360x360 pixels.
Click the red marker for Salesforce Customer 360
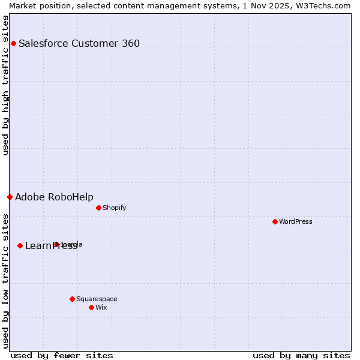click(x=13, y=43)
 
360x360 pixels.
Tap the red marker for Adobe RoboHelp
click(x=10, y=197)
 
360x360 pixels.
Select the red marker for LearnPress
click(x=20, y=245)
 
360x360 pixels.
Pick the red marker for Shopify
click(x=98, y=208)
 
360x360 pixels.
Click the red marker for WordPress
click(x=275, y=221)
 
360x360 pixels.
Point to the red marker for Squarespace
click(x=72, y=299)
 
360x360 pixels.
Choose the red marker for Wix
click(x=91, y=307)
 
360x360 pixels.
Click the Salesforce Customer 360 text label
click(x=79, y=43)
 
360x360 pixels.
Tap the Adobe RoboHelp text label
click(x=54, y=197)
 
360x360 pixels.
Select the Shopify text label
click(x=114, y=208)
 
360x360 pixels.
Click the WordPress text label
click(x=296, y=221)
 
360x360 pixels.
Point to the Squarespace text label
click(x=97, y=299)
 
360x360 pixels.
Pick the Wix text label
click(x=101, y=307)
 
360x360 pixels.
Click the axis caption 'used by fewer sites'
click(x=62, y=355)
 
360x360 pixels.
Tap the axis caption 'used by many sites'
click(x=301, y=355)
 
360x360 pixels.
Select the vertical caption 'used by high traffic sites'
click(x=6, y=85)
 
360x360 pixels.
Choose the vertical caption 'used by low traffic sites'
click(x=6, y=281)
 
